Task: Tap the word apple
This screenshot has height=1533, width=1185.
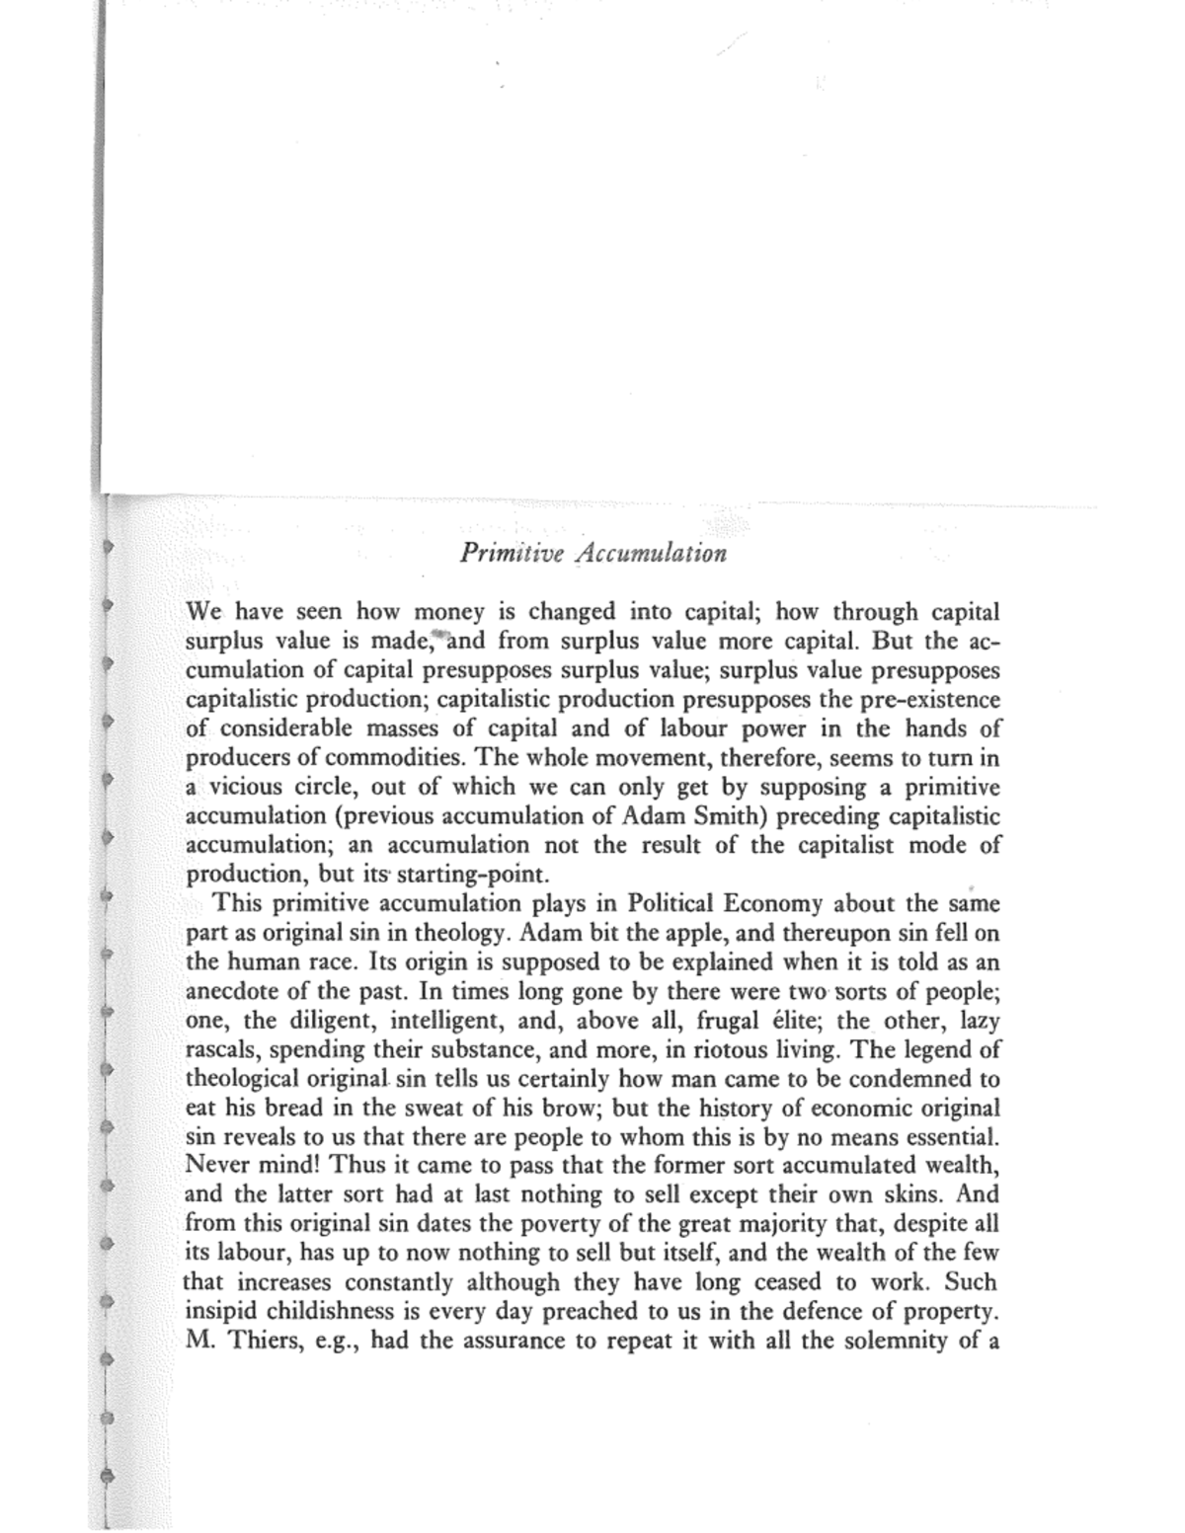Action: (647, 933)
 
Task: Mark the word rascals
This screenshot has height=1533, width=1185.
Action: (221, 1049)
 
